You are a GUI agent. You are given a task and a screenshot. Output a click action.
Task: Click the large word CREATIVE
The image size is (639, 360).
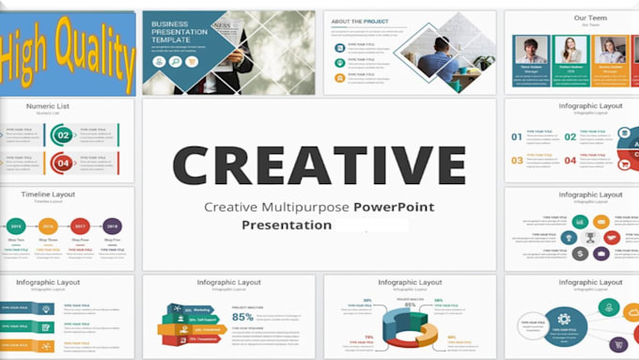tap(319, 163)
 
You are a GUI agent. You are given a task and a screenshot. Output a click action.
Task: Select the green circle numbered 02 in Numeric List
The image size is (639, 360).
tap(63, 135)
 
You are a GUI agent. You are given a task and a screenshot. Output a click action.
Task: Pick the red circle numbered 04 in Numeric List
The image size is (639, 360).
tap(63, 163)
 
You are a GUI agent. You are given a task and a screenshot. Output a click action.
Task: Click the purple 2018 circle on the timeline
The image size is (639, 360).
tap(112, 226)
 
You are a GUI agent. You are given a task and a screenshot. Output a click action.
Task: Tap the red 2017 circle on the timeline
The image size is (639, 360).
tap(80, 226)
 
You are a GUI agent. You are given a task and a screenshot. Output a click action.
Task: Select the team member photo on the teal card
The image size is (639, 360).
tap(531, 51)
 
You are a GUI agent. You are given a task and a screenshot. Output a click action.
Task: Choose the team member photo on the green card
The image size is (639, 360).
tap(570, 51)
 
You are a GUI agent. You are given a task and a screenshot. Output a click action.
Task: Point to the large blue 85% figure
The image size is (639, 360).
tap(242, 317)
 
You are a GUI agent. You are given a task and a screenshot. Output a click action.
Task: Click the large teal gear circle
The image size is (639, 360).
tap(564, 320)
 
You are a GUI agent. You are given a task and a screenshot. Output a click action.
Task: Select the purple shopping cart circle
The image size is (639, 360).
tap(618, 344)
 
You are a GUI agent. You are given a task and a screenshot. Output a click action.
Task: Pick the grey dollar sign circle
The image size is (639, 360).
tap(581, 254)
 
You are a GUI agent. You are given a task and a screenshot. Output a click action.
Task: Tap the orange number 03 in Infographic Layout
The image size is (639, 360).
tap(516, 160)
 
